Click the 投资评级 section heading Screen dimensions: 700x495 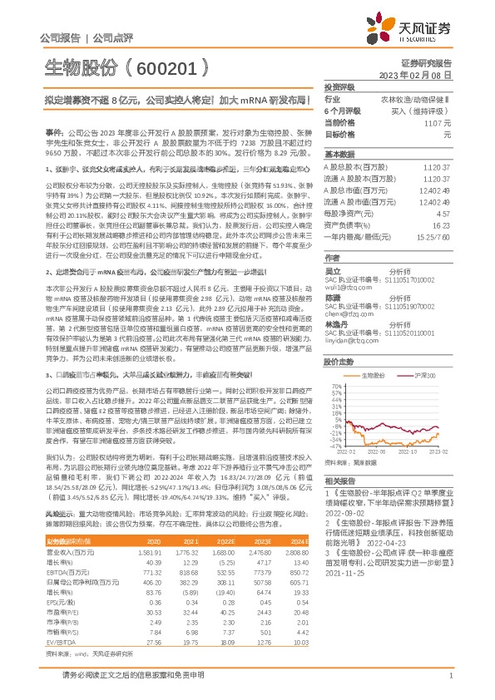click(x=340, y=86)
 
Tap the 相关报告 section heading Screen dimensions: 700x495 click(x=340, y=481)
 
